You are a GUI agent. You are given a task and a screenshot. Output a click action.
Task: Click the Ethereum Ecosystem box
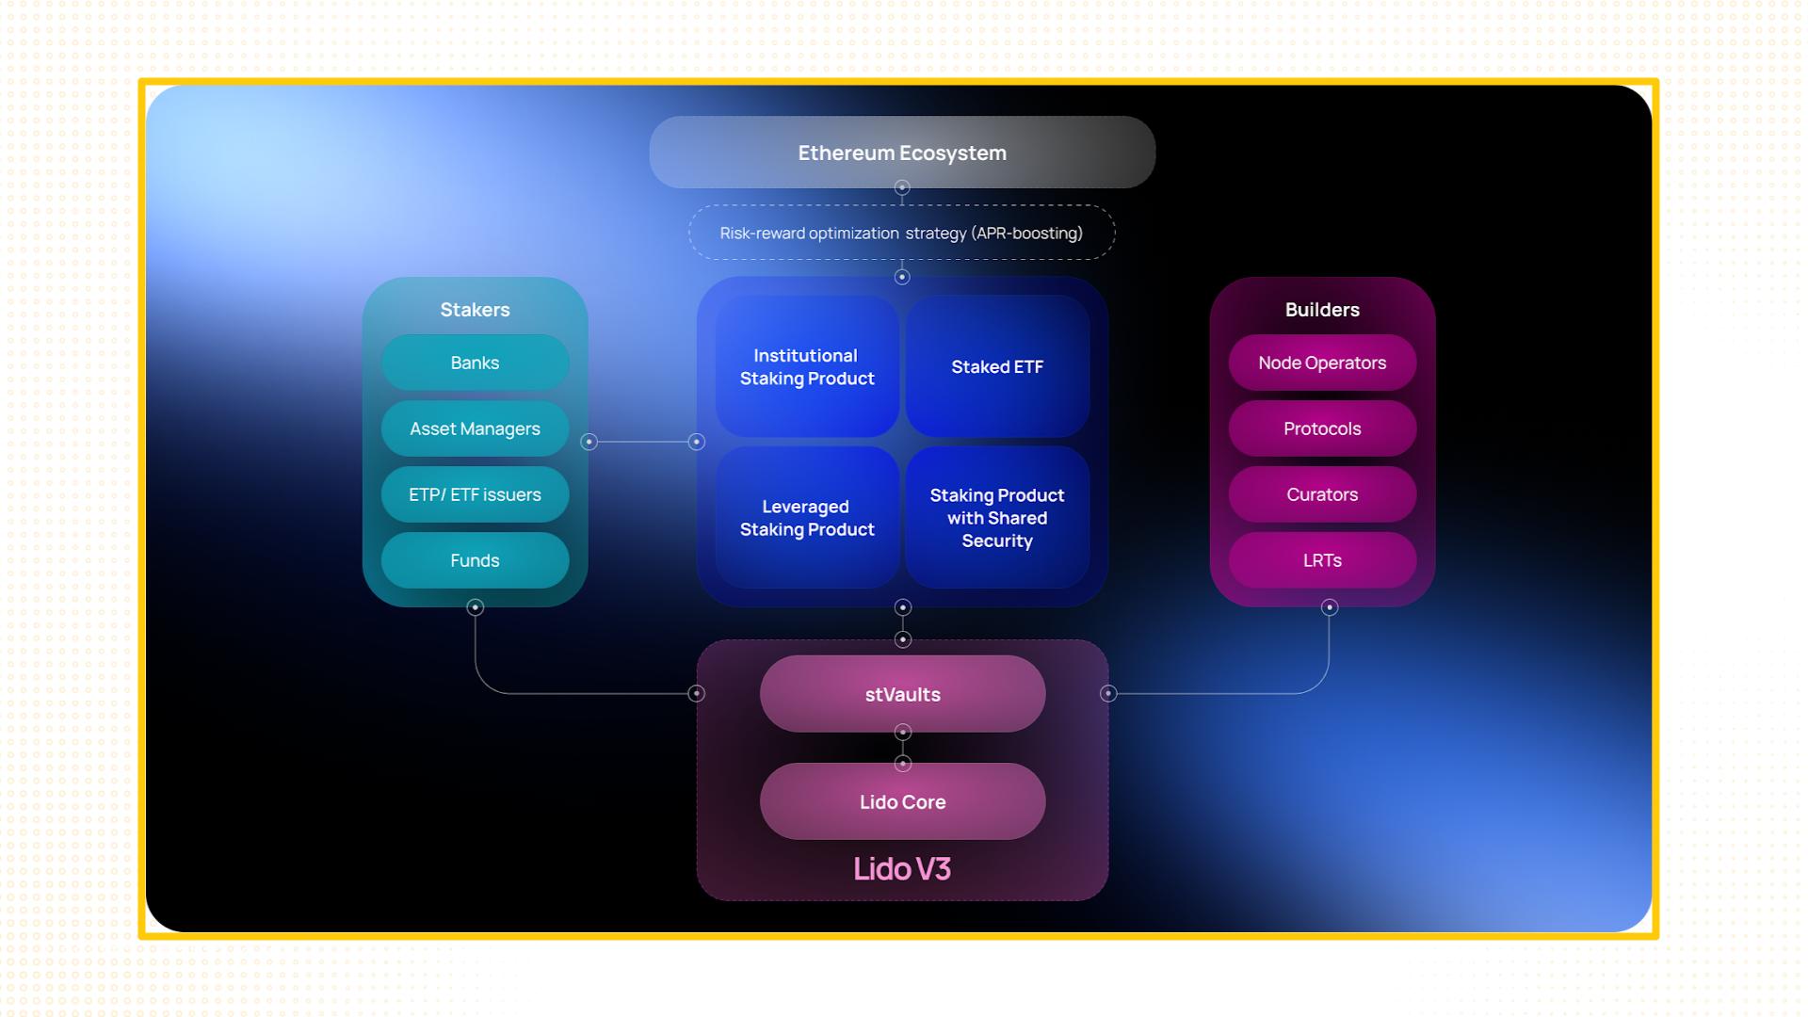(902, 153)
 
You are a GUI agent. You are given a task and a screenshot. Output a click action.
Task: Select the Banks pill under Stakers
(475, 363)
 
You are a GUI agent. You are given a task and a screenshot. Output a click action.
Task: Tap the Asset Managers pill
(475, 428)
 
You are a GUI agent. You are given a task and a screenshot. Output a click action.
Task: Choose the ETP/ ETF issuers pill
(475, 494)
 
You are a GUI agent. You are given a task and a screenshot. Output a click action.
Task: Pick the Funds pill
(475, 560)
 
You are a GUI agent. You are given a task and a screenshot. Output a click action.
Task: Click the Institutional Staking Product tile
(807, 366)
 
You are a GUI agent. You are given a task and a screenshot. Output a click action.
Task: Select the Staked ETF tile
(997, 366)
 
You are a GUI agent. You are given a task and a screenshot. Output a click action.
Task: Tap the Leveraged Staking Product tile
(807, 518)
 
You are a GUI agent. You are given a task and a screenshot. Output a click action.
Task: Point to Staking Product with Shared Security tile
(997, 518)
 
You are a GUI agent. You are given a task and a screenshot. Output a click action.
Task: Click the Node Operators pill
(1322, 363)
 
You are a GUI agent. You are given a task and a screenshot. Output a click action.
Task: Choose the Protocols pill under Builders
(1322, 428)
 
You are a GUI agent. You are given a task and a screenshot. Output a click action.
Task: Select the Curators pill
(1322, 494)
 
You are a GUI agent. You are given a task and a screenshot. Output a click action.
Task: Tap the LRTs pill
(1322, 560)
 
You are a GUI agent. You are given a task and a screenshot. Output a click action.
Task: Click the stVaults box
(902, 694)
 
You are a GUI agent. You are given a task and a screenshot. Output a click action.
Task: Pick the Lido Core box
(902, 801)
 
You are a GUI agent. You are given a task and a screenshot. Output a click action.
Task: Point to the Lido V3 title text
(902, 868)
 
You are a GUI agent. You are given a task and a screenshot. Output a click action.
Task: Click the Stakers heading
(475, 310)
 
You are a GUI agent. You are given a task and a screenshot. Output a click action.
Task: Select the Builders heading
(1322, 310)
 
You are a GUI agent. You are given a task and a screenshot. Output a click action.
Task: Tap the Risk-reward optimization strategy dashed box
(902, 233)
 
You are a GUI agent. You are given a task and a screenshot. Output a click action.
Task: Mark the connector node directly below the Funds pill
(476, 607)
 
